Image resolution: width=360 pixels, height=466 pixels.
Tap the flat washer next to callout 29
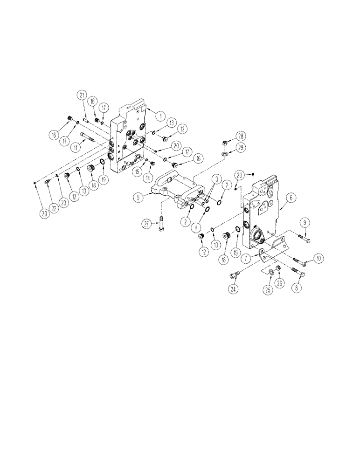click(225, 153)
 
